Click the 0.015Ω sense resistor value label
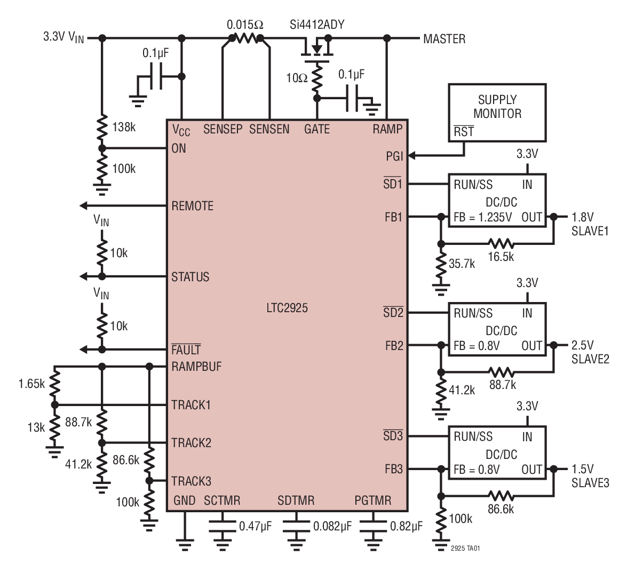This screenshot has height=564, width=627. click(x=245, y=25)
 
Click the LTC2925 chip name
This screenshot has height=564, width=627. click(x=288, y=308)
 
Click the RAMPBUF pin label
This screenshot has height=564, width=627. click(x=196, y=367)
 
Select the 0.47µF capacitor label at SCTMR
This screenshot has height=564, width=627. click(x=256, y=526)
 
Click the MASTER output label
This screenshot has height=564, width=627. click(x=444, y=39)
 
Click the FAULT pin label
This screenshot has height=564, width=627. click(x=186, y=350)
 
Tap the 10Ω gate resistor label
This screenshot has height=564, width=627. click(x=297, y=78)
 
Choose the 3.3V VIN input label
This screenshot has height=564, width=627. click(x=64, y=38)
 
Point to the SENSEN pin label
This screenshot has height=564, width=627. click(x=269, y=129)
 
